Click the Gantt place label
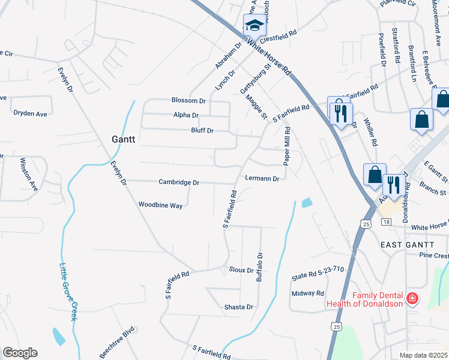(124, 139)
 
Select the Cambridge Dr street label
(178, 182)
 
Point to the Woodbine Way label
(160, 205)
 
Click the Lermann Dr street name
(262, 179)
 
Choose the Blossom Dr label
(188, 101)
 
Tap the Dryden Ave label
(30, 113)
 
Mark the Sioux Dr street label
(241, 270)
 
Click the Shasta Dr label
(238, 307)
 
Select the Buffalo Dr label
(260, 267)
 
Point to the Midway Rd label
(307, 293)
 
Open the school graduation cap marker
(254, 26)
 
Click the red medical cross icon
(412, 298)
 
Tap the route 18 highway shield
(385, 222)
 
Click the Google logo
(20, 353)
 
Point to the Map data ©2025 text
(423, 355)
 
